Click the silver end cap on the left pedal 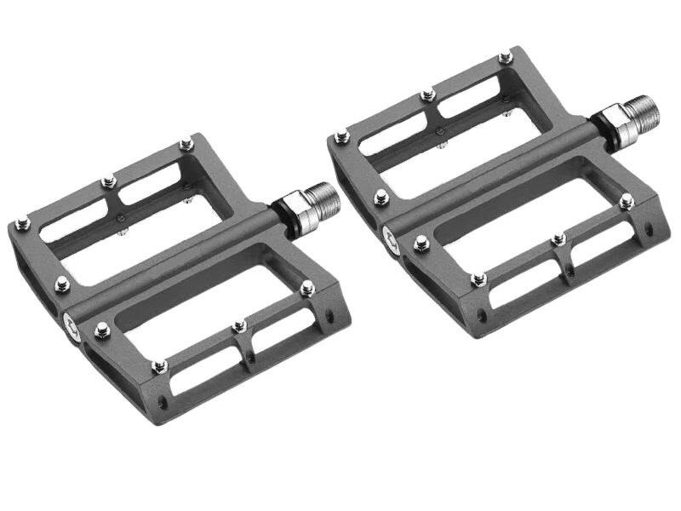pos(71,322)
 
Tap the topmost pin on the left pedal pos(186,146)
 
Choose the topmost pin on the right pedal pos(506,57)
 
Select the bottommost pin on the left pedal pos(159,366)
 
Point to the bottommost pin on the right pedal pos(479,278)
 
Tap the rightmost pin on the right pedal pos(627,202)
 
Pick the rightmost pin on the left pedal pos(307,288)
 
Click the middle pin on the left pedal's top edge pos(108,181)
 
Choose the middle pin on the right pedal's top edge pos(428,94)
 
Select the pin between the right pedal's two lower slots pos(558,240)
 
